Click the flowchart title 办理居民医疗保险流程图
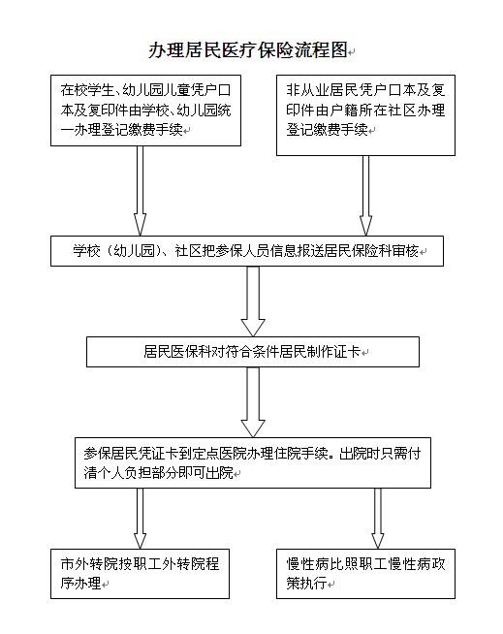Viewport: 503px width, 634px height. click(248, 50)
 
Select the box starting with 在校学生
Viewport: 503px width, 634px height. click(145, 111)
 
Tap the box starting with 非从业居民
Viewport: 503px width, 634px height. click(365, 115)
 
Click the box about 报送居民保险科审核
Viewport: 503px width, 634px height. click(247, 251)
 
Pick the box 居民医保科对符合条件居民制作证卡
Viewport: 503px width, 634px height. click(253, 352)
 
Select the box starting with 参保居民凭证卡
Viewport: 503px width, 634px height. click(253, 462)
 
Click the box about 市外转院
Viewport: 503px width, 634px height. click(140, 574)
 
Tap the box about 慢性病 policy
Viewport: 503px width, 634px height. click(365, 574)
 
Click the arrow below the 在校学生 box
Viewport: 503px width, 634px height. click(140, 191)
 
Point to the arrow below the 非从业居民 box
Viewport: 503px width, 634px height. click(365, 196)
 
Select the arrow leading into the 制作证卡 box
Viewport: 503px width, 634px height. click(253, 301)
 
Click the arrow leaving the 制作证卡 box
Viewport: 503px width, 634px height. click(253, 402)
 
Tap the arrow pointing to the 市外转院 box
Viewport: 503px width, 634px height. click(140, 519)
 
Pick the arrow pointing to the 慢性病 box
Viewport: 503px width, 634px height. click(378, 519)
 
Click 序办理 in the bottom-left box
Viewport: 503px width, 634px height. click(80, 583)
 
